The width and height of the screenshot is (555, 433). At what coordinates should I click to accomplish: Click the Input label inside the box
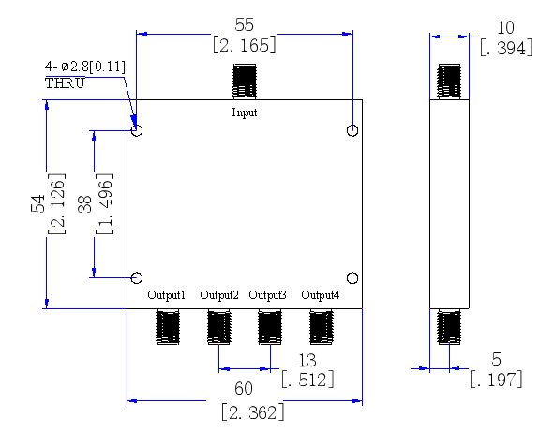point(245,112)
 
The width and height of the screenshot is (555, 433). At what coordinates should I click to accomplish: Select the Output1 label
point(166,295)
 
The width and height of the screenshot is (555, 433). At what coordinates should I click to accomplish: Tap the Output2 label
point(219,295)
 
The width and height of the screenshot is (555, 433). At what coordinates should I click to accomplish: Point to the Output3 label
point(267,295)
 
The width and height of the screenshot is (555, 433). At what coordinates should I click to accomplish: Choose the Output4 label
point(321,295)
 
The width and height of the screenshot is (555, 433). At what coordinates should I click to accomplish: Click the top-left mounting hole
point(131,130)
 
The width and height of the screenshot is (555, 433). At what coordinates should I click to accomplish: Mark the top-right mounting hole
point(347,130)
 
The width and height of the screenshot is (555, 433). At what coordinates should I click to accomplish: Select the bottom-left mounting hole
point(131,277)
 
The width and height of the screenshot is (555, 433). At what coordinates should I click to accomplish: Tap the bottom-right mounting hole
point(347,278)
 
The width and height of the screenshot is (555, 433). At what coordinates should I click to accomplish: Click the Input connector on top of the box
point(245,82)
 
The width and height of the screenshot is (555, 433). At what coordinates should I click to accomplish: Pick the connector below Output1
point(168,326)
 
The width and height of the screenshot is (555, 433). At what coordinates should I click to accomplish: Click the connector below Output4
point(322,326)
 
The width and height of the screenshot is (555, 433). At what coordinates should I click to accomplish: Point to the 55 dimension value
point(245,25)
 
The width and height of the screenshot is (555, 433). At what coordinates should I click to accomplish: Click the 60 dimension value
point(244,388)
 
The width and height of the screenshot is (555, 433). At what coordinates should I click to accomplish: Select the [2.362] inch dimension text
point(253,412)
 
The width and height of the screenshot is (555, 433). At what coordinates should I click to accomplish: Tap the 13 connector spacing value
point(307,361)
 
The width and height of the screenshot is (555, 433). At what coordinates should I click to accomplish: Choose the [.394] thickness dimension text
point(506,48)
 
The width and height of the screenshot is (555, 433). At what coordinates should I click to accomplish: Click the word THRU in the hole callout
point(65,83)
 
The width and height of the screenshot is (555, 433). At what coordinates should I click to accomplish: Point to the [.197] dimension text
point(496,380)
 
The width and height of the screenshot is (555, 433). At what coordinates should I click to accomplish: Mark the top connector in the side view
point(449,82)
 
